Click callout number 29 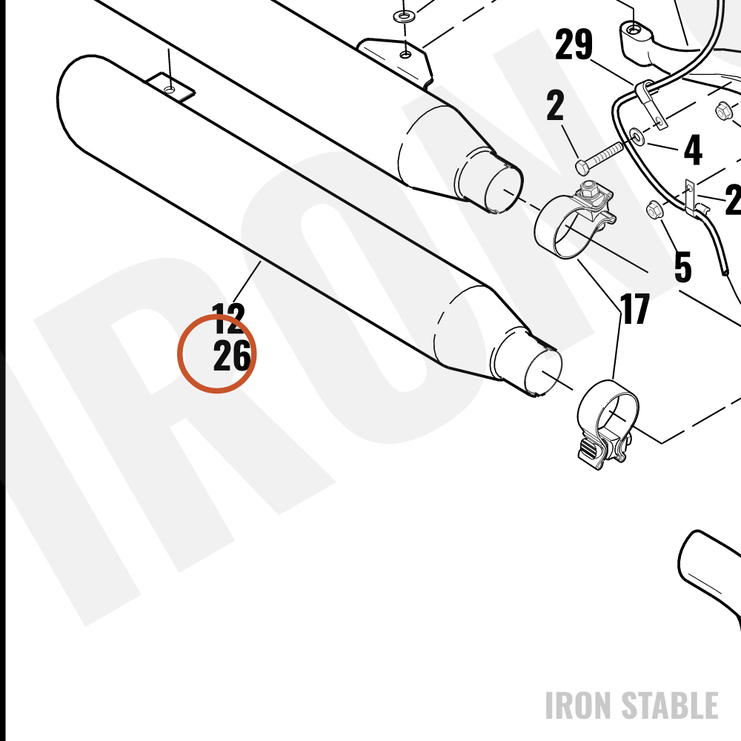click(574, 44)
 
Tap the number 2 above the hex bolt click(555, 105)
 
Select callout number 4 click(693, 150)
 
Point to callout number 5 click(683, 268)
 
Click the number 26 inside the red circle click(231, 356)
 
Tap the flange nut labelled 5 click(654, 210)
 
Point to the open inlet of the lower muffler click(543, 373)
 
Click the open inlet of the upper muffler click(504, 188)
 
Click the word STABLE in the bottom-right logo click(669, 705)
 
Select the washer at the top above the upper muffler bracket click(402, 17)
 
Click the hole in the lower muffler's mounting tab click(170, 89)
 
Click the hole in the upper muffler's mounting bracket click(405, 55)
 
